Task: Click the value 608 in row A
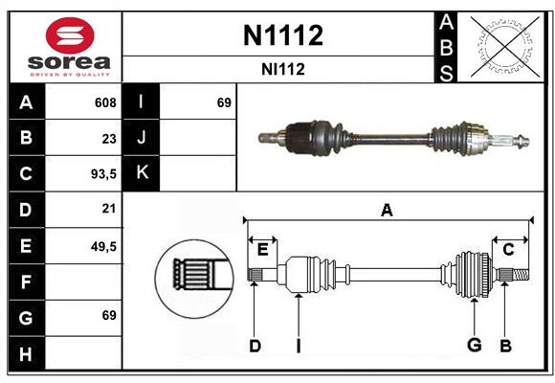coord(105,102)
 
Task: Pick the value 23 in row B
coord(109,138)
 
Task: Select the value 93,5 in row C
coord(102,174)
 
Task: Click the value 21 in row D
coord(109,209)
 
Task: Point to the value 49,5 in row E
coord(104,246)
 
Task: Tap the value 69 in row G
coord(109,315)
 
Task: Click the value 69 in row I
coord(224,102)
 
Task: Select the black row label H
coord(26,354)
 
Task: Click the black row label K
coord(142,173)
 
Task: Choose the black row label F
coord(26,282)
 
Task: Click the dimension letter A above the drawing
coord(387,210)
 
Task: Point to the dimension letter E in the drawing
coord(262,249)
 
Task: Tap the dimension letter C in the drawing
coord(508,249)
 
